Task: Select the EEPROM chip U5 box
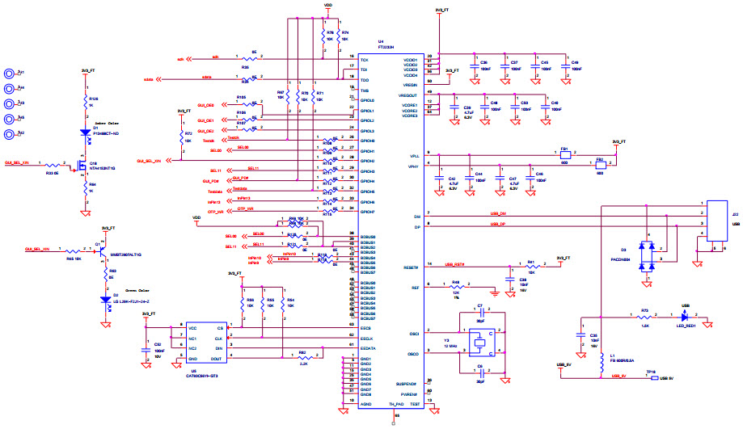[205, 344]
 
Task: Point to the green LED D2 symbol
[103, 300]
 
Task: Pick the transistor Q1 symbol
[100, 250]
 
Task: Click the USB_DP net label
[497, 224]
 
